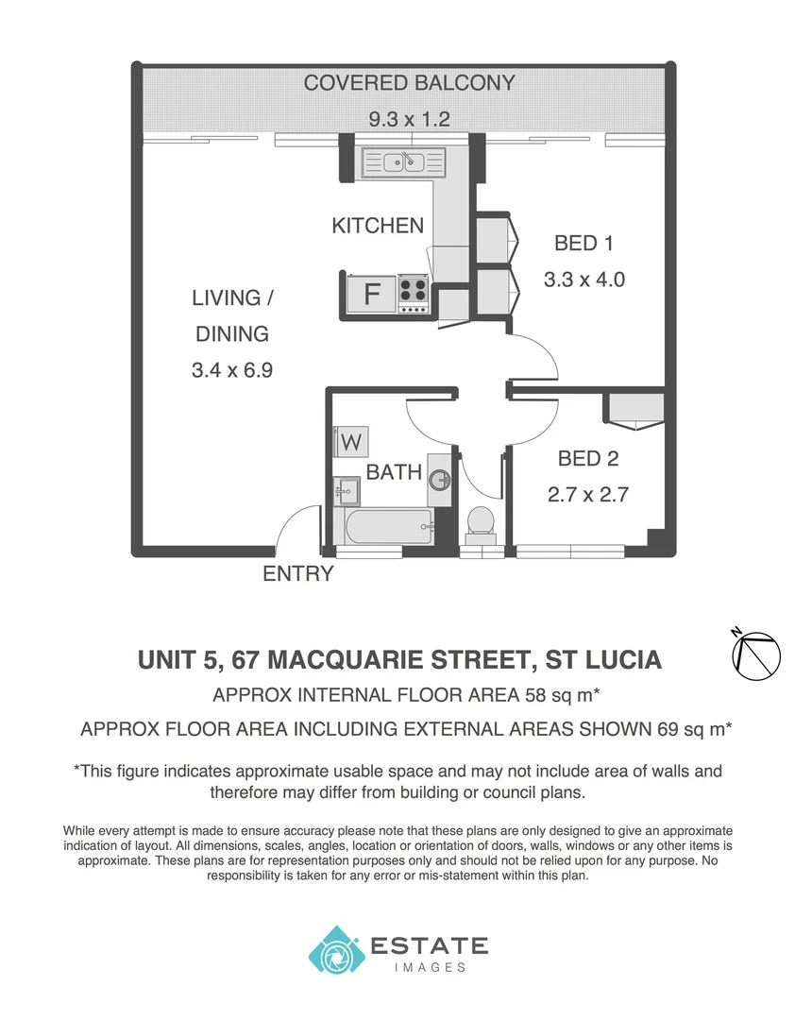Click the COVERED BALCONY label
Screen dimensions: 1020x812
(x=409, y=83)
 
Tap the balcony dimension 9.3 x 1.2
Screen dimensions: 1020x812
(x=409, y=119)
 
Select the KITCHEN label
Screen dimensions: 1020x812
(x=378, y=226)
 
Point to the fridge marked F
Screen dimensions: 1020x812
(x=372, y=294)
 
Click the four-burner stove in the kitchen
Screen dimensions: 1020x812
(x=413, y=294)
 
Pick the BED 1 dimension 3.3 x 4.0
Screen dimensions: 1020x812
(x=584, y=280)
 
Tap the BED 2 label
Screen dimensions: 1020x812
(x=588, y=459)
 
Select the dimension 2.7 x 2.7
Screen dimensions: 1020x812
(x=588, y=494)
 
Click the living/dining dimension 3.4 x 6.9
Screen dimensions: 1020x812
(x=232, y=370)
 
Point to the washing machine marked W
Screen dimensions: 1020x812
(x=351, y=441)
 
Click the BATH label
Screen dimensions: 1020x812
(x=394, y=472)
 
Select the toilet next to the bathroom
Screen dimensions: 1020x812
(x=481, y=522)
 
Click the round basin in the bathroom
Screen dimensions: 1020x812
(x=440, y=479)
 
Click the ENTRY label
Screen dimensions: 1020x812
(x=297, y=573)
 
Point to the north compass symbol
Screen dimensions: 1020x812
(x=756, y=654)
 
